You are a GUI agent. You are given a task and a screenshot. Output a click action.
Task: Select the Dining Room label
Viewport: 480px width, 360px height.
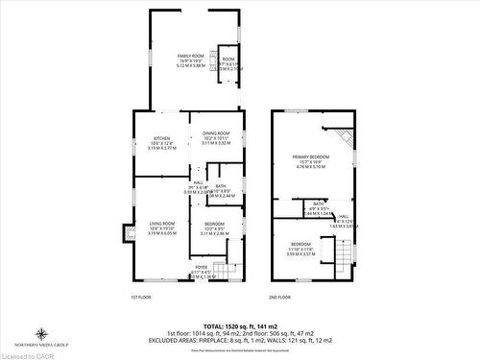point(216,133)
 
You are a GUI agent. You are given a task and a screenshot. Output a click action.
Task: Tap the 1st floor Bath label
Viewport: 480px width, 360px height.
point(221,186)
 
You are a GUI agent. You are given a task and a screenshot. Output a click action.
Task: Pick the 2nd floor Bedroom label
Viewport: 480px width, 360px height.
point(300,244)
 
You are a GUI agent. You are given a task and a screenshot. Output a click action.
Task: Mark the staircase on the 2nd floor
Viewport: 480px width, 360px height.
point(343,254)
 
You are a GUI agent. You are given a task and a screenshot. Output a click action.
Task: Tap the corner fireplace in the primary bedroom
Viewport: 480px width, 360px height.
point(347,141)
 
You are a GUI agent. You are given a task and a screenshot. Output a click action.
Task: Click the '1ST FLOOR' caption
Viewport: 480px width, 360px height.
point(141,297)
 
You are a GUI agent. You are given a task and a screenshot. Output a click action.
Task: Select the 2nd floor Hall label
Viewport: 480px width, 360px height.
point(343,216)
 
